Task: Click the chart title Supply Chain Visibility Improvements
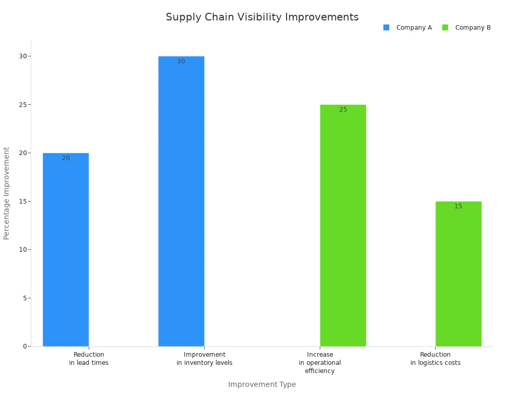pyautogui.click(x=262, y=17)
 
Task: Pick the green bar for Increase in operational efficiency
pyautogui.click(x=343, y=226)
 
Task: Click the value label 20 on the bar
pyautogui.click(x=66, y=159)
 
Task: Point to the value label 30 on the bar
pyautogui.click(x=181, y=62)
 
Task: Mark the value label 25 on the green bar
pyautogui.click(x=343, y=110)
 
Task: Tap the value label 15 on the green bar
pyautogui.click(x=458, y=207)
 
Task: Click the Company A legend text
pyautogui.click(x=414, y=28)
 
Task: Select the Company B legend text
pyautogui.click(x=473, y=28)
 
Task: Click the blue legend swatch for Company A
pyautogui.click(x=386, y=28)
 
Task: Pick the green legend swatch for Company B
pyautogui.click(x=445, y=28)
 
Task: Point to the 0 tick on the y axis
pyautogui.click(x=24, y=346)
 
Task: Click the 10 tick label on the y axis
pyautogui.click(x=23, y=250)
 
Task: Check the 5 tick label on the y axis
pyautogui.click(x=24, y=298)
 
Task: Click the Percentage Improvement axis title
pyautogui.click(x=7, y=193)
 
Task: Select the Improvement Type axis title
pyautogui.click(x=262, y=385)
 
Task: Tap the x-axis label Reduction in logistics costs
pyautogui.click(x=435, y=359)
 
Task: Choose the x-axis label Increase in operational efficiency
pyautogui.click(x=320, y=363)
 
